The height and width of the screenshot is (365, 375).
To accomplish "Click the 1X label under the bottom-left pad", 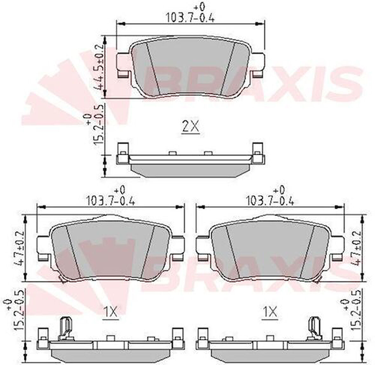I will tap(110, 312).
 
